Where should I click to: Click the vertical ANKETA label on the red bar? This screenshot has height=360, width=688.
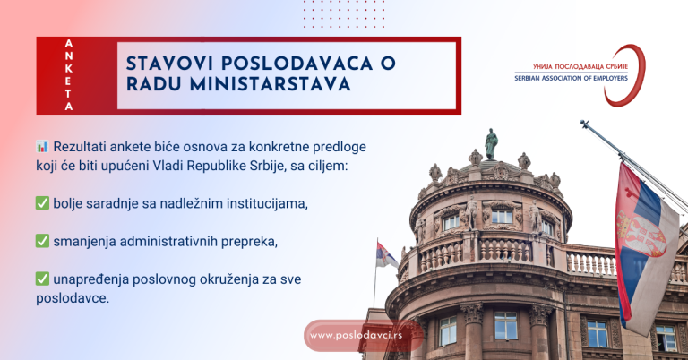[70, 75]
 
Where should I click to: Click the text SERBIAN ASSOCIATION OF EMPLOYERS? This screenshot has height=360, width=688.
[571, 78]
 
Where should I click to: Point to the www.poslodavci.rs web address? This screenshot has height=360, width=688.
[357, 336]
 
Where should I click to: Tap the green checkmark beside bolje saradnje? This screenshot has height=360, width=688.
[42, 203]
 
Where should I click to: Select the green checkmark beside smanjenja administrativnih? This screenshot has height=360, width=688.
[42, 241]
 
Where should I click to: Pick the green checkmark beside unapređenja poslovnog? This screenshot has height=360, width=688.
[42, 279]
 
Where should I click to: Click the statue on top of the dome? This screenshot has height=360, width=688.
[490, 143]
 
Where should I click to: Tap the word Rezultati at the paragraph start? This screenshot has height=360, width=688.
[84, 146]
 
